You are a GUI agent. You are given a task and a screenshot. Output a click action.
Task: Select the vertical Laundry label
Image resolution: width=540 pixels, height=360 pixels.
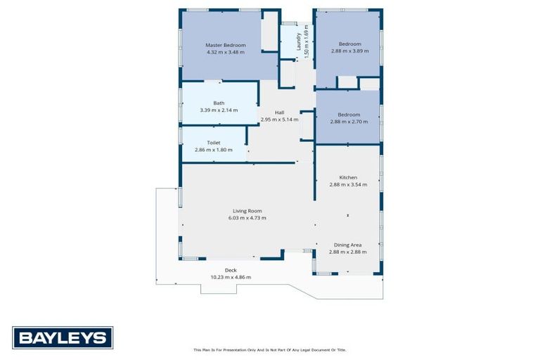(x=299, y=38)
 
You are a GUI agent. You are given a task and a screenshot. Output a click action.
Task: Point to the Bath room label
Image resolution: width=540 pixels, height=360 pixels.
(x=219, y=103)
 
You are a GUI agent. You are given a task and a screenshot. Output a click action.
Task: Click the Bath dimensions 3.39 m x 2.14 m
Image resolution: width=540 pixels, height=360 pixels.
(x=219, y=110)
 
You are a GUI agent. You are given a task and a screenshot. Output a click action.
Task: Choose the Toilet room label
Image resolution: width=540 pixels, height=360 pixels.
(x=213, y=142)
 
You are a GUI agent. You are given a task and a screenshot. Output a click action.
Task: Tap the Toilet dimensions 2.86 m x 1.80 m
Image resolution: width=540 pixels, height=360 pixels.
(x=213, y=149)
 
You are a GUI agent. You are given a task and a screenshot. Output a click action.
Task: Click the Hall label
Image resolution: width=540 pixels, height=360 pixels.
(x=279, y=112)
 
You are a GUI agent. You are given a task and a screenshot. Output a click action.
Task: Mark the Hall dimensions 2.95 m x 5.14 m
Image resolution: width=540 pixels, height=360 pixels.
(x=279, y=120)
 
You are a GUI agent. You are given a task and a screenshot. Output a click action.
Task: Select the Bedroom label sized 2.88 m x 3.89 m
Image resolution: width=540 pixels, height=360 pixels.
(x=349, y=44)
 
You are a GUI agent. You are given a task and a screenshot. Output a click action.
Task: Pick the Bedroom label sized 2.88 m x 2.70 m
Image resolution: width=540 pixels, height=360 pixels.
(x=349, y=115)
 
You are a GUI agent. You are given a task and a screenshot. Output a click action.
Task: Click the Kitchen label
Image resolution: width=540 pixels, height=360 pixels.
(x=348, y=177)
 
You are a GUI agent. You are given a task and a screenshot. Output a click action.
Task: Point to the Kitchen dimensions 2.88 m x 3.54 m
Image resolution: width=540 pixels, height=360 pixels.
(x=348, y=185)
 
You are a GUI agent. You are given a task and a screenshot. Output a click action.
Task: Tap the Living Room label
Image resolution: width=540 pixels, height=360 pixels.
(x=247, y=210)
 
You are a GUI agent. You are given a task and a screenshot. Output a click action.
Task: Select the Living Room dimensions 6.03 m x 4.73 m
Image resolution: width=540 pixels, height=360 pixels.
(x=247, y=218)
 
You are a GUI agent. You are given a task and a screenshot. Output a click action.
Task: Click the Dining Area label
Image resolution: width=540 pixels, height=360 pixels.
(x=348, y=245)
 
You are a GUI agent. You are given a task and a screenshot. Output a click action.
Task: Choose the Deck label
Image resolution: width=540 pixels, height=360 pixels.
(x=231, y=270)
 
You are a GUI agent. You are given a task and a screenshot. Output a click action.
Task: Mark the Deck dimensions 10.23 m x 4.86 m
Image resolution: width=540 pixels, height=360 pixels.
(x=231, y=277)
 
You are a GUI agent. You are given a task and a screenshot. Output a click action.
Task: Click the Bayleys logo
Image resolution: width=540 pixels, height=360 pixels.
(x=63, y=337)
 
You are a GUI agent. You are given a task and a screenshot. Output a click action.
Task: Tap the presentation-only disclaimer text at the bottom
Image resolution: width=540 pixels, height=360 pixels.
(x=269, y=349)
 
